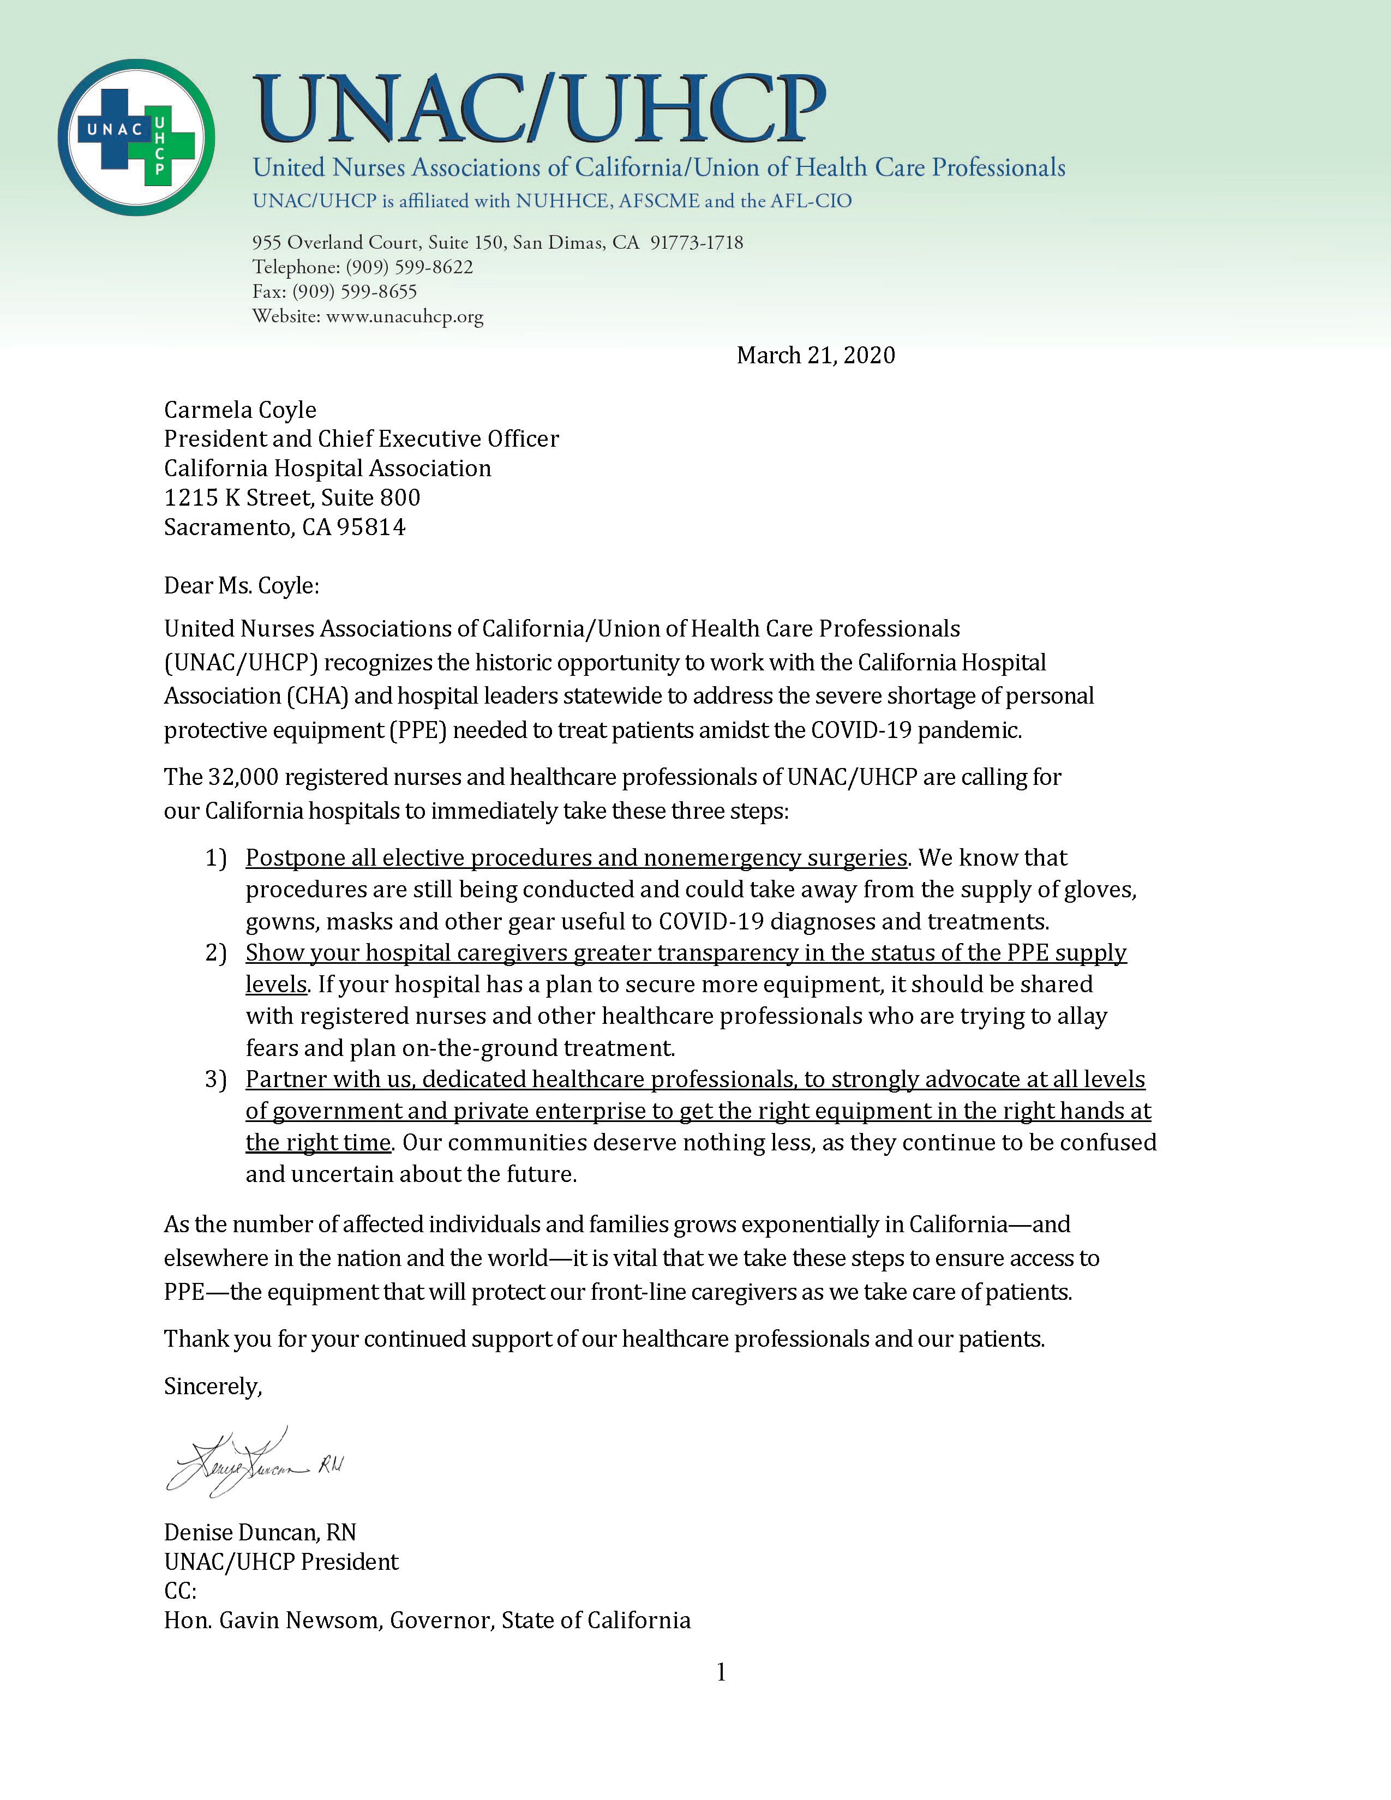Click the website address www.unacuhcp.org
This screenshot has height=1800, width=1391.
pyautogui.click(x=405, y=316)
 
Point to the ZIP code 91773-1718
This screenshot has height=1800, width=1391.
pyautogui.click(x=697, y=242)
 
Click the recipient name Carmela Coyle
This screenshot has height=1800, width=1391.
pyautogui.click(x=240, y=410)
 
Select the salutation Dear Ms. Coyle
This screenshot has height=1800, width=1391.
pyautogui.click(x=241, y=585)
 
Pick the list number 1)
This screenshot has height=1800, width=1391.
pyautogui.click(x=216, y=858)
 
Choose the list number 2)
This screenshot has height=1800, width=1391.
pyautogui.click(x=216, y=953)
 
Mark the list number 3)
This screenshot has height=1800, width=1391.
pyautogui.click(x=216, y=1079)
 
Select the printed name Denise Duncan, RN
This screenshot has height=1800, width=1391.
pyautogui.click(x=260, y=1532)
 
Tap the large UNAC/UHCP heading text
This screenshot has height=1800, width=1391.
pyautogui.click(x=539, y=109)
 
